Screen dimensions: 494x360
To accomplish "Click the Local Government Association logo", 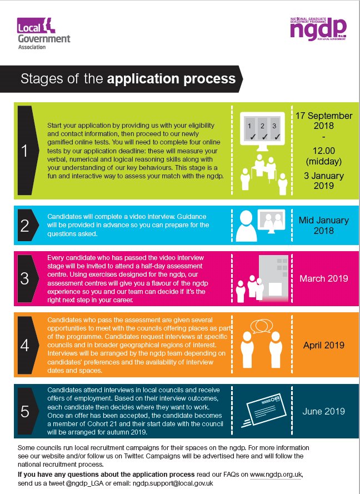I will [x=43, y=34].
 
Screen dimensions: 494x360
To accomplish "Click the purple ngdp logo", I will [x=319, y=28].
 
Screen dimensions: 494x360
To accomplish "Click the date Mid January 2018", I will [x=323, y=225].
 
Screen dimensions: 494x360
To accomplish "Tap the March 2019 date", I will [x=323, y=278].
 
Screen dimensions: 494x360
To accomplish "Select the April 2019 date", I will [x=323, y=345].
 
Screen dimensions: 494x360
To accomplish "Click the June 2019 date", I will [x=323, y=412].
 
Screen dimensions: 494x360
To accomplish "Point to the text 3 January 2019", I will [x=323, y=181].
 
